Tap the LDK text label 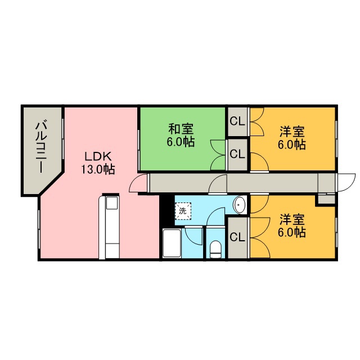click(x=100, y=156)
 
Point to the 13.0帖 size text click(x=100, y=169)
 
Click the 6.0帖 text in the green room click(x=181, y=142)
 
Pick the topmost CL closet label click(x=237, y=120)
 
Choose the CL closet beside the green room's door click(x=237, y=153)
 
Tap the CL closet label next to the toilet click(x=237, y=237)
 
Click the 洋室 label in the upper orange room click(x=292, y=133)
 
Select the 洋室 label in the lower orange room click(x=292, y=218)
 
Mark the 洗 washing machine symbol click(x=182, y=211)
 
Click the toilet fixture click(x=215, y=249)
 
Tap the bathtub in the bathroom click(x=171, y=243)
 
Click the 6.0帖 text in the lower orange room click(x=292, y=231)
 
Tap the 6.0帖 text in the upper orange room click(x=292, y=145)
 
